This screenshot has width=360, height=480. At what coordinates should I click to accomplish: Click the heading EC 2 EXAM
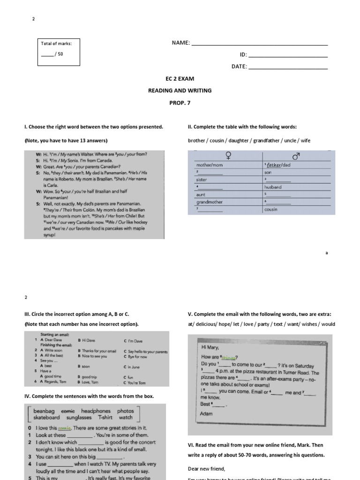180,79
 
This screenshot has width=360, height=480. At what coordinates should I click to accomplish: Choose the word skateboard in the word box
46,417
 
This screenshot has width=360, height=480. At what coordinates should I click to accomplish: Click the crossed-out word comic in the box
68,411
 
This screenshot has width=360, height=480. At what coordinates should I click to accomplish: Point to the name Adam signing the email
206,414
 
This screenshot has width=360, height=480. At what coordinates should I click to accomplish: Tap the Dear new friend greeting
206,469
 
